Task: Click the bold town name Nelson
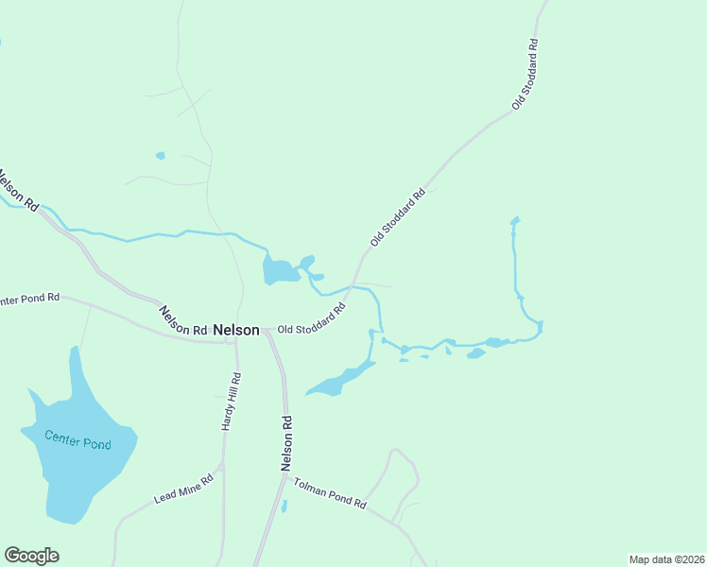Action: tap(236, 330)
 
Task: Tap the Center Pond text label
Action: tap(78, 439)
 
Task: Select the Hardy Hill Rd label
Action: tap(233, 402)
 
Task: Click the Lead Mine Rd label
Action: tap(183, 489)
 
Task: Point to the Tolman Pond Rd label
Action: tap(329, 493)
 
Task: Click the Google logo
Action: tap(31, 556)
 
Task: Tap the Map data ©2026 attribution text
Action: tap(666, 558)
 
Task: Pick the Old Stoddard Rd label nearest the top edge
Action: tap(525, 74)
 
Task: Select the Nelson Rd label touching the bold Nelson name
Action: tap(182, 320)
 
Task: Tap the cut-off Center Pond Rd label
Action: tap(29, 299)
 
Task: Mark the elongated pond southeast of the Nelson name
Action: tap(340, 380)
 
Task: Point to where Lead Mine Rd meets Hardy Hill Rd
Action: tap(222, 466)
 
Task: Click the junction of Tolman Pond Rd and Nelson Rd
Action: tap(286, 475)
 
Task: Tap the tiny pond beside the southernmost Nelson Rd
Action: tap(284, 506)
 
